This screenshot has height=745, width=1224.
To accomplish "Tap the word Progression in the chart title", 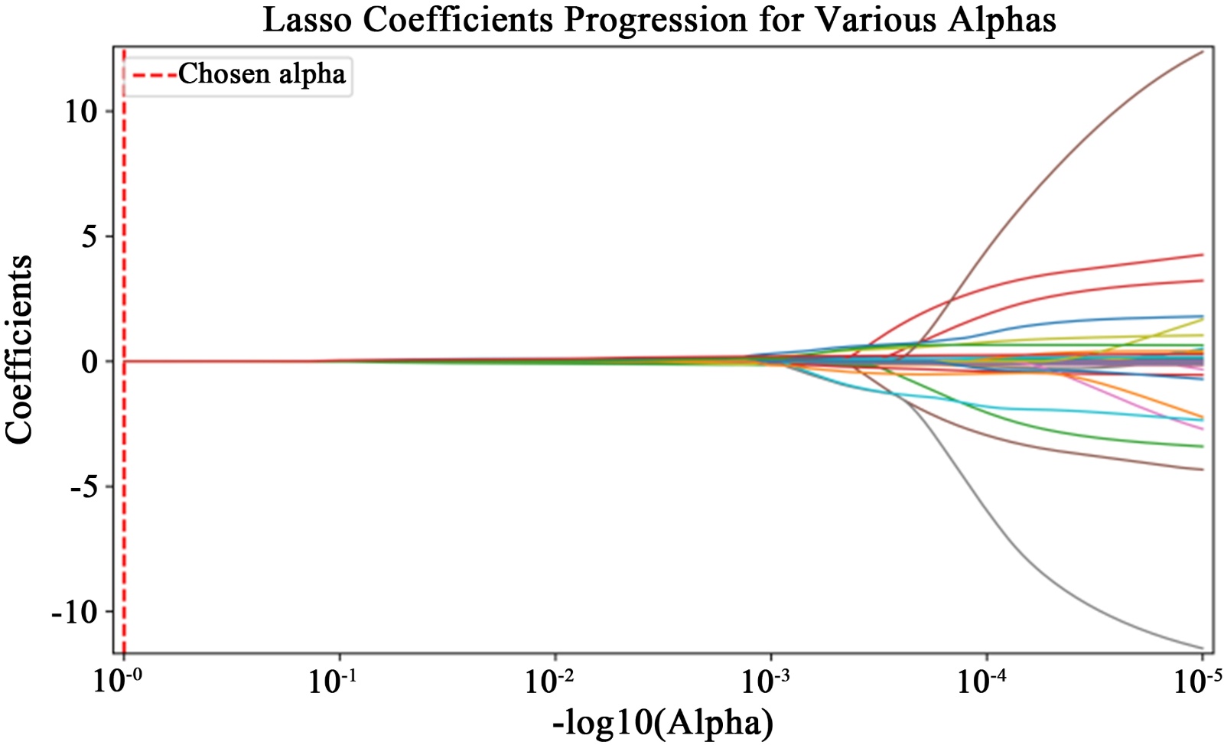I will (x=656, y=21).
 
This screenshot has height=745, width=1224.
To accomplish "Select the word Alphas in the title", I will (x=1002, y=21).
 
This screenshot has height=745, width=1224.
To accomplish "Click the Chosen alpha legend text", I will (x=262, y=74).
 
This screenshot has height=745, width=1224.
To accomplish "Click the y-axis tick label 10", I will (x=80, y=112).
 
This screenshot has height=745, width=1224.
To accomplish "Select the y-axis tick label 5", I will (x=90, y=236).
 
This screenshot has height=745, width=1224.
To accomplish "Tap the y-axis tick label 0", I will (x=90, y=362).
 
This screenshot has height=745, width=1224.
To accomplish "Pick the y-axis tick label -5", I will (x=83, y=487).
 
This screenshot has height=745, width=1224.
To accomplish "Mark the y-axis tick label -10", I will (x=74, y=612).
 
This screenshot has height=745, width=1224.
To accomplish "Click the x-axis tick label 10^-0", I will (x=121, y=681).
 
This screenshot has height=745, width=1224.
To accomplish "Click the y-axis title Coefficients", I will (x=19, y=350).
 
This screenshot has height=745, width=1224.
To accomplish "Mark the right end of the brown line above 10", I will (x=1203, y=52).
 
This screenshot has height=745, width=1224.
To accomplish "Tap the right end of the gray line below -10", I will (x=1203, y=648).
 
